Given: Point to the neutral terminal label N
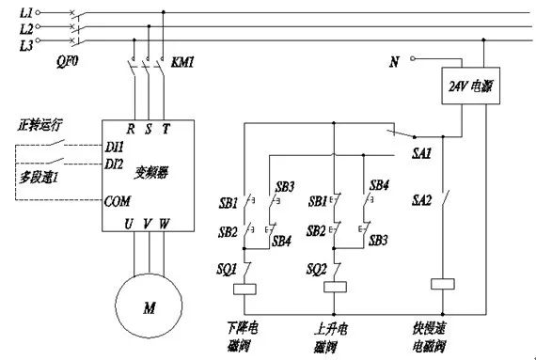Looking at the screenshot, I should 394,63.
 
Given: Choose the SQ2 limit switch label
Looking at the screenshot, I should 316,269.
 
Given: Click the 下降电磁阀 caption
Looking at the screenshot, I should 244,337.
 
